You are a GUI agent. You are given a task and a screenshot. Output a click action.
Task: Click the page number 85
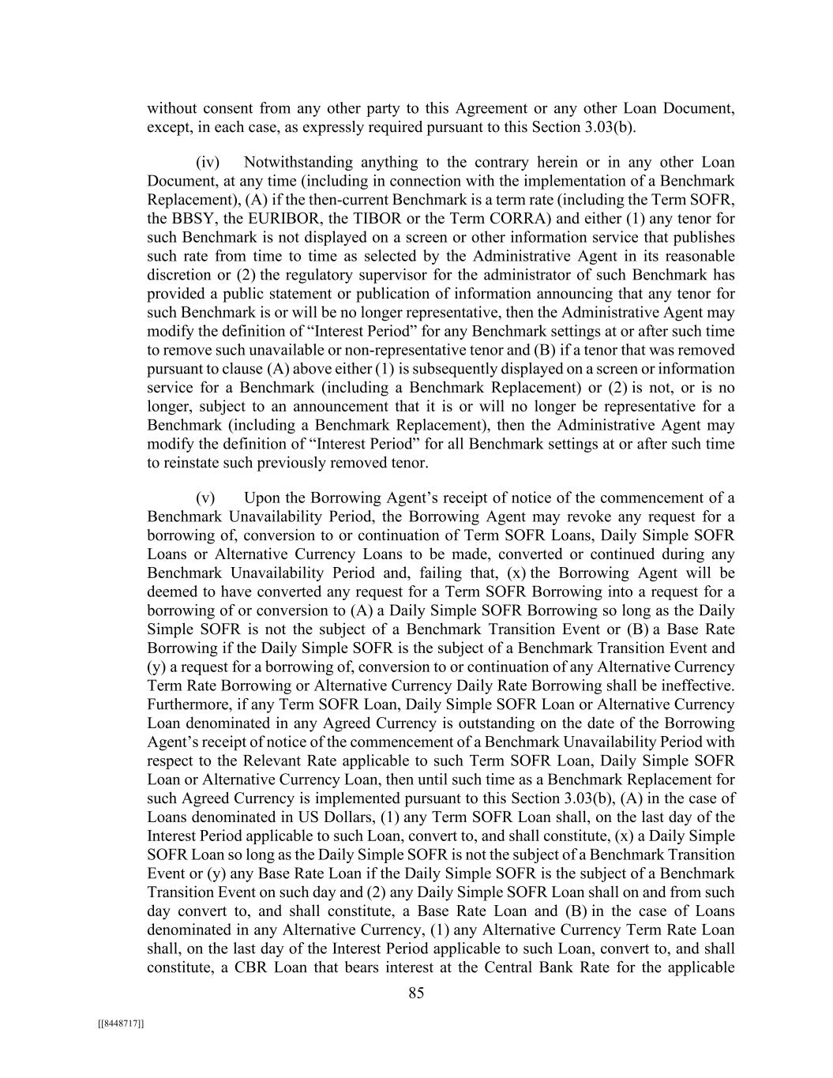pyautogui.click(x=416, y=993)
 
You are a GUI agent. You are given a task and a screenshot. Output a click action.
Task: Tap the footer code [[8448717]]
pyautogui.click(x=121, y=1024)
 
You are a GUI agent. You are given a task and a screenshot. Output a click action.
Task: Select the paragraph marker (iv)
pyautogui.click(x=207, y=163)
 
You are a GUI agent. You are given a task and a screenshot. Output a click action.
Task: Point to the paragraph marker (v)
pyautogui.click(x=205, y=498)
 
